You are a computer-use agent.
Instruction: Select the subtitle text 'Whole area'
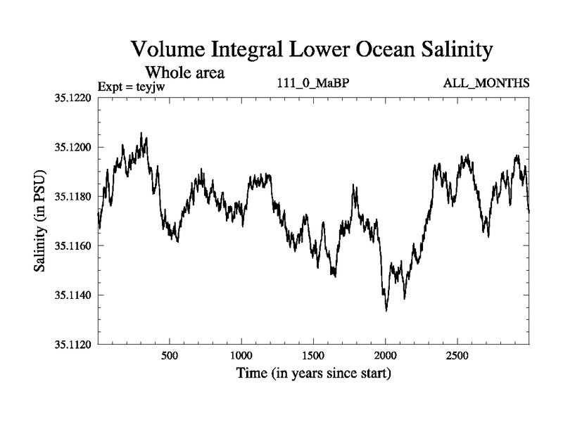tap(184, 72)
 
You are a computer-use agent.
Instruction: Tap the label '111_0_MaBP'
tap(313, 84)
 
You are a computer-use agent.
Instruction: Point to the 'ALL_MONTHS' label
tap(486, 84)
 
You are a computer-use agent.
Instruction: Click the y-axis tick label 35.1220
tap(72, 98)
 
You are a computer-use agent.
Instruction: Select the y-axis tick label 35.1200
tap(72, 148)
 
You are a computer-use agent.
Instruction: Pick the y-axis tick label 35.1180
tap(72, 197)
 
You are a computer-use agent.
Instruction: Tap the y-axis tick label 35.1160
tap(72, 246)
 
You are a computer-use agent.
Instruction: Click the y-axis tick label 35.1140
tap(72, 295)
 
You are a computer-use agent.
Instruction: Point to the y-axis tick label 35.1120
tap(72, 344)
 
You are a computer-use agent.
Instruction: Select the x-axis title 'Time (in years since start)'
tap(313, 373)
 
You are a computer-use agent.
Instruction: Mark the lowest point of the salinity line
tap(386, 310)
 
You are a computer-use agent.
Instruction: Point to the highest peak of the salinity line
tap(141, 133)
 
